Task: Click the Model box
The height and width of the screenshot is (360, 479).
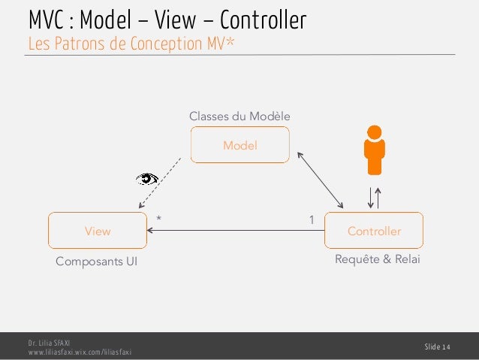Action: pyautogui.click(x=239, y=145)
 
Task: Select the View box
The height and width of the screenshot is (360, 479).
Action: pyautogui.click(x=98, y=231)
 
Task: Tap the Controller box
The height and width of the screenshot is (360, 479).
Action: pyautogui.click(x=374, y=231)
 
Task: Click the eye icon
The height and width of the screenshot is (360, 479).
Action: pyautogui.click(x=147, y=178)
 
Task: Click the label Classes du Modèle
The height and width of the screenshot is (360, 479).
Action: pyautogui.click(x=239, y=116)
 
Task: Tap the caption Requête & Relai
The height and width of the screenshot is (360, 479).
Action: pyautogui.click(x=377, y=259)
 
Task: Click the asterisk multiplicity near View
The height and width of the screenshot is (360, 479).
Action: pyautogui.click(x=158, y=219)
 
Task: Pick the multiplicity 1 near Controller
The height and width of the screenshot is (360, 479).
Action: pyautogui.click(x=312, y=219)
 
